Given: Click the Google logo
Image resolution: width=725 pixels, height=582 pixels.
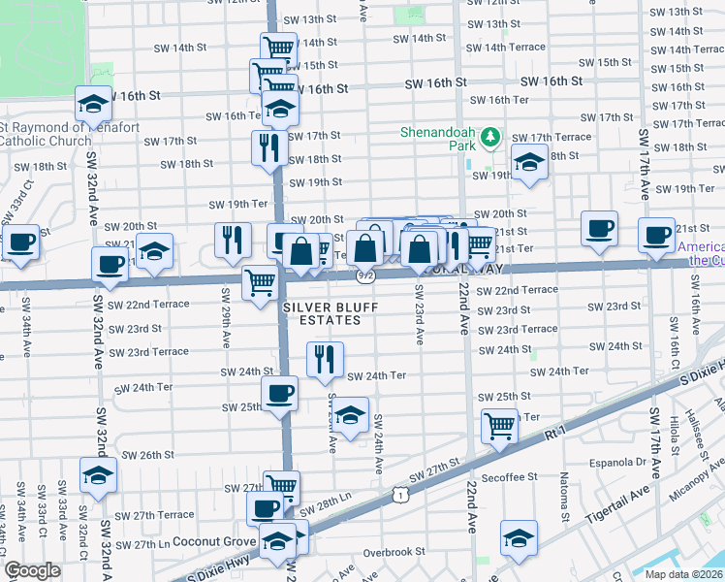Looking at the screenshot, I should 32,570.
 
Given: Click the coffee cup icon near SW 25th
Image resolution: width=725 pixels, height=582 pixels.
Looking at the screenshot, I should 280,394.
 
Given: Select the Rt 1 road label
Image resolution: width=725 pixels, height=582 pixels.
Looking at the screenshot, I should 553,436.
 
